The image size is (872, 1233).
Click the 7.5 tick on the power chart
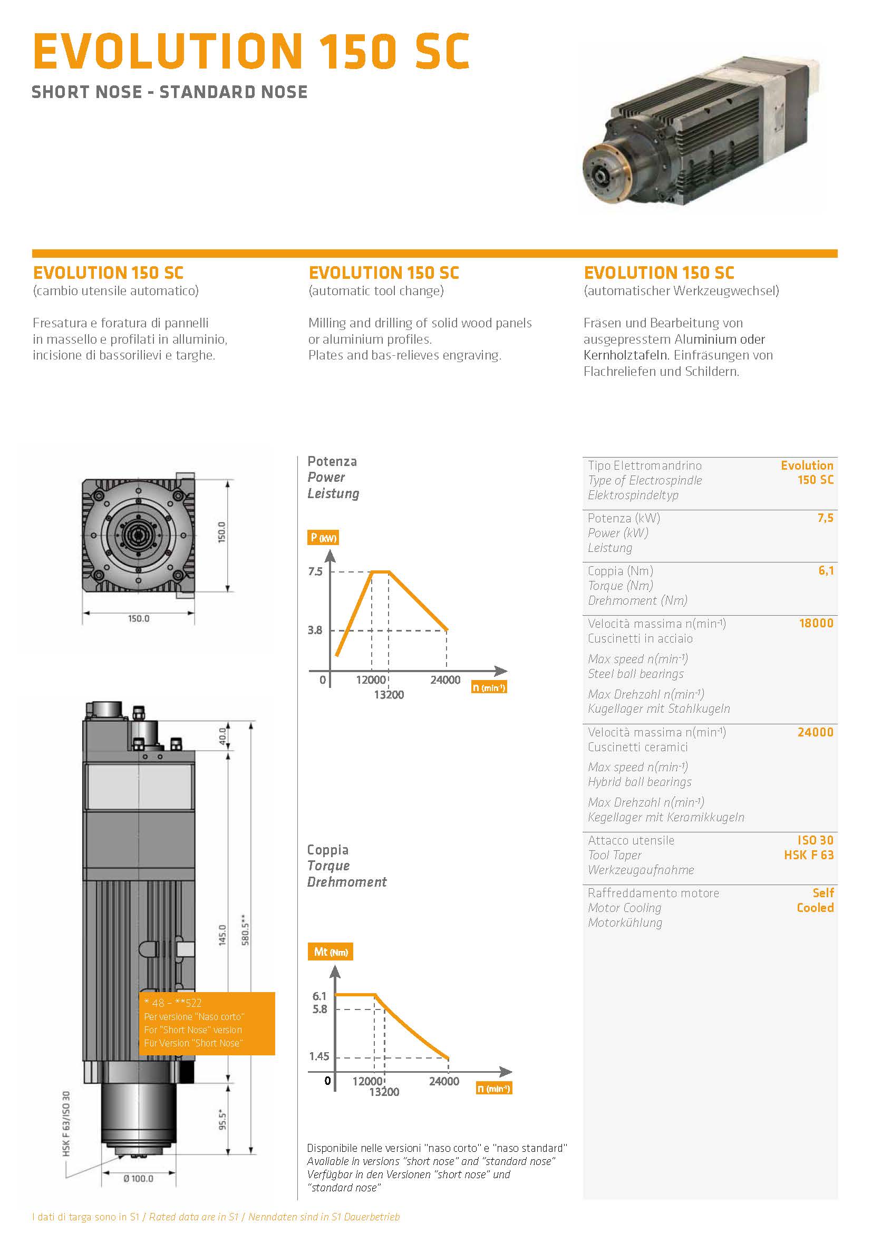click(x=315, y=571)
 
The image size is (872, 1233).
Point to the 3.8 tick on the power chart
click(x=315, y=630)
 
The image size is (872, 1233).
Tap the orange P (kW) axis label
click(x=323, y=538)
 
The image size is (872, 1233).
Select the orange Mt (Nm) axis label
click(x=330, y=952)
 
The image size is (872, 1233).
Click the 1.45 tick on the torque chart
click(x=319, y=1056)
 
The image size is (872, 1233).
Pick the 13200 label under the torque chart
click(x=384, y=1092)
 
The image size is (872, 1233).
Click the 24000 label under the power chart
click(x=445, y=680)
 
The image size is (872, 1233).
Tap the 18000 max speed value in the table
click(x=816, y=624)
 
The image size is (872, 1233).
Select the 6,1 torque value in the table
click(x=826, y=571)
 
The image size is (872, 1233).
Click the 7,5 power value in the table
click(x=825, y=518)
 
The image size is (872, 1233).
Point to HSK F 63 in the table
click(x=808, y=855)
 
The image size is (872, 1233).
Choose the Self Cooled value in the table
click(x=815, y=900)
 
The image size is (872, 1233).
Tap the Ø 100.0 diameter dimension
click(x=138, y=1179)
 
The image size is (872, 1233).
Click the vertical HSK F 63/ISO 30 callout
click(x=66, y=1123)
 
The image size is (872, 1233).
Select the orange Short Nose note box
click(x=207, y=1023)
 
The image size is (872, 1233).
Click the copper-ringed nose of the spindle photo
click(x=604, y=170)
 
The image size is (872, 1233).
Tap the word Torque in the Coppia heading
click(x=328, y=866)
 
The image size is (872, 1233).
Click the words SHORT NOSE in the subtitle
click(x=86, y=92)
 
